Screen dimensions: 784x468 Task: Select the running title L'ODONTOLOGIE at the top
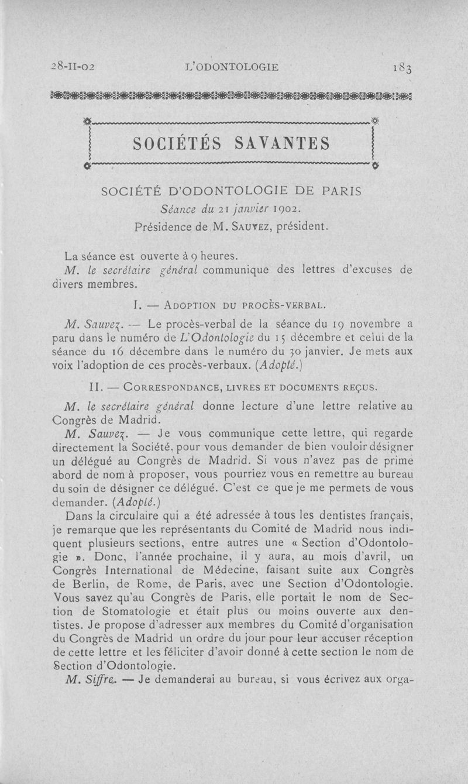pyautogui.click(x=232, y=67)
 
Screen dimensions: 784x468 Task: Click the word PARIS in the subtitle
pyautogui.click(x=341, y=191)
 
